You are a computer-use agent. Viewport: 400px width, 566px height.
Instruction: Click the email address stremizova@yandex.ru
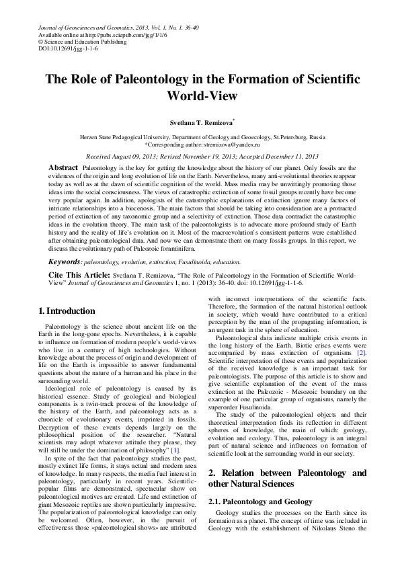[223, 144]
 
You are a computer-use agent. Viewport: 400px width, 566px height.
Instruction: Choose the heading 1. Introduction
[67, 311]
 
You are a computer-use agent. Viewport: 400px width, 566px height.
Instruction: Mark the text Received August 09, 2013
[120, 155]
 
